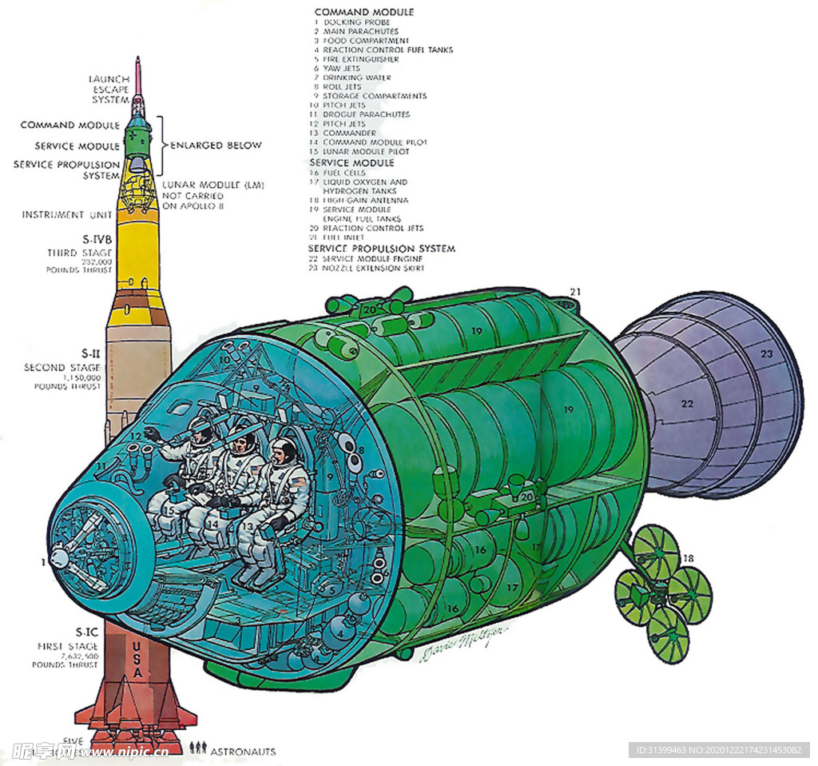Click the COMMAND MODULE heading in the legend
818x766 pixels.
pyautogui.click(x=363, y=12)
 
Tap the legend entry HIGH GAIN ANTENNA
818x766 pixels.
pyautogui.click(x=365, y=201)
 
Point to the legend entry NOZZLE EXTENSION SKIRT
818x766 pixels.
pyautogui.click(x=373, y=268)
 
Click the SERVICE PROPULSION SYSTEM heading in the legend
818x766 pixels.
pyautogui.click(x=382, y=249)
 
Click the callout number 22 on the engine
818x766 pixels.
pyautogui.click(x=687, y=404)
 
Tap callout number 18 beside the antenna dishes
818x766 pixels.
pyautogui.click(x=688, y=557)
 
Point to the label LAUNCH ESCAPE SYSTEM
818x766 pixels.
pyautogui.click(x=110, y=89)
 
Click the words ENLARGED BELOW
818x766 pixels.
pyautogui.click(x=216, y=146)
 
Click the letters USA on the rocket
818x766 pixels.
pyautogui.click(x=137, y=659)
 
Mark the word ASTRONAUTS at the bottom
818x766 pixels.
pyautogui.click(x=243, y=752)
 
